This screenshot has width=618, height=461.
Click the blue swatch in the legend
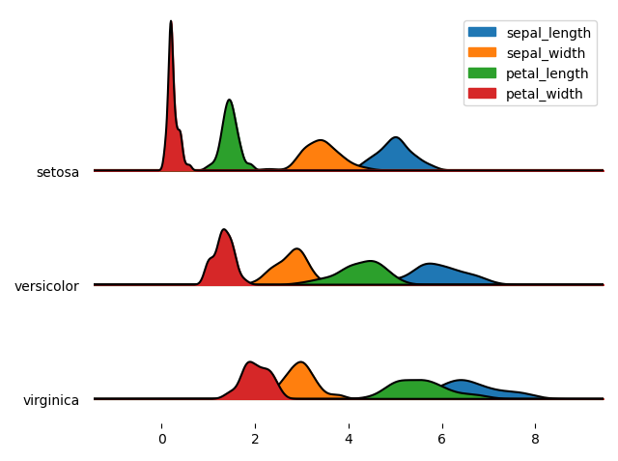pyautogui.click(x=485, y=32)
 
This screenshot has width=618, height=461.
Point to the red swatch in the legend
pyautogui.click(x=485, y=93)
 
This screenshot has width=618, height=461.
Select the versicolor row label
pyautogui.click(x=46, y=286)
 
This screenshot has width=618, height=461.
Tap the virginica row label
pyautogui.click(x=50, y=400)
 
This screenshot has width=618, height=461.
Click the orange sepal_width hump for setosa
pyautogui.click(x=321, y=155)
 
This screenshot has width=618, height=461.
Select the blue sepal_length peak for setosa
pyautogui.click(x=395, y=154)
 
